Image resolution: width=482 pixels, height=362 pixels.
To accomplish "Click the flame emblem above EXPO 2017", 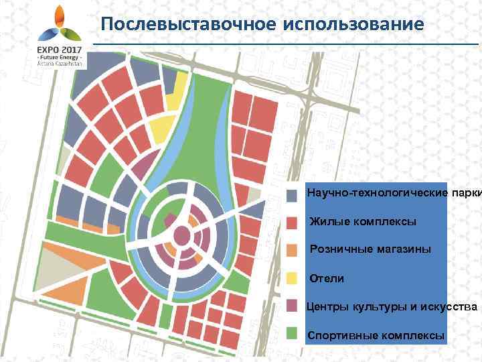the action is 59,24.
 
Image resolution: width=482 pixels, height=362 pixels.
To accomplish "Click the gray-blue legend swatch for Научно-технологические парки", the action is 293,196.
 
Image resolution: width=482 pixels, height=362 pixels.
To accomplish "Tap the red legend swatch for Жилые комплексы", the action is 293,222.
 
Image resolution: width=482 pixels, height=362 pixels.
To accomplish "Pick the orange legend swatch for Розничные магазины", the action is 293,250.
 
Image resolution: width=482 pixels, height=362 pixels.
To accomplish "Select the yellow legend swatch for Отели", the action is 293,278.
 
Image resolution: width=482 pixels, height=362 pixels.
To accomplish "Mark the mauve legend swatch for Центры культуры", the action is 293,306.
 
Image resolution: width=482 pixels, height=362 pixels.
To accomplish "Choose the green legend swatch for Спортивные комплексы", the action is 293,333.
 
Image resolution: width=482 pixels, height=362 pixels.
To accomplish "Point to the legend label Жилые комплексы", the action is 362,221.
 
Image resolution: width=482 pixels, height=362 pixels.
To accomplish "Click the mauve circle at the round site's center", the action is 181,236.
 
